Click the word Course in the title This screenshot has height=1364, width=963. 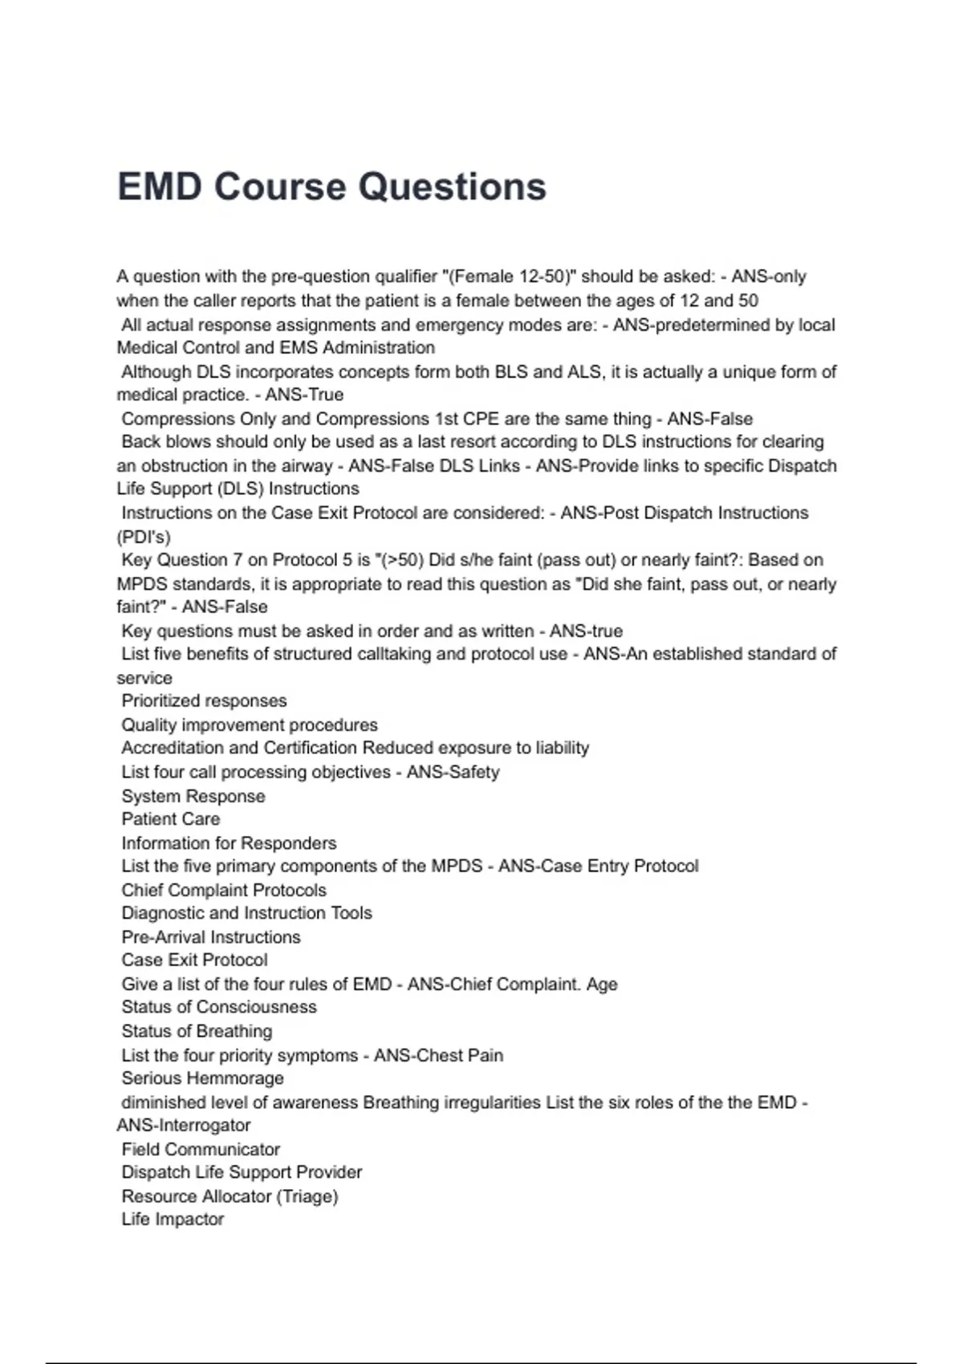285,187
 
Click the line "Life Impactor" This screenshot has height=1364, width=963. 173,1220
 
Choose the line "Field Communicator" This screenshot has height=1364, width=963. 201,1149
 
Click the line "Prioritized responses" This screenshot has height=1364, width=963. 204,701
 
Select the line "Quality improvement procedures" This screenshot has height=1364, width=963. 249,725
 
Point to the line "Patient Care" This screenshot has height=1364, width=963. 170,819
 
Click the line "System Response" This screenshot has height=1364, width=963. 193,796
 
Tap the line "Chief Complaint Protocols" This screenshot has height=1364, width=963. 224,891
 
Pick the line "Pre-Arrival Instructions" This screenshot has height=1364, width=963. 211,937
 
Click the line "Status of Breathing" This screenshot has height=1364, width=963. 197,1031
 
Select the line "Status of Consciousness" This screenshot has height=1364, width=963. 219,1007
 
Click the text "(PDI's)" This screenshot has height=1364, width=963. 144,537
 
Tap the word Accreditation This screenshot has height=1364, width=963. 170,749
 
